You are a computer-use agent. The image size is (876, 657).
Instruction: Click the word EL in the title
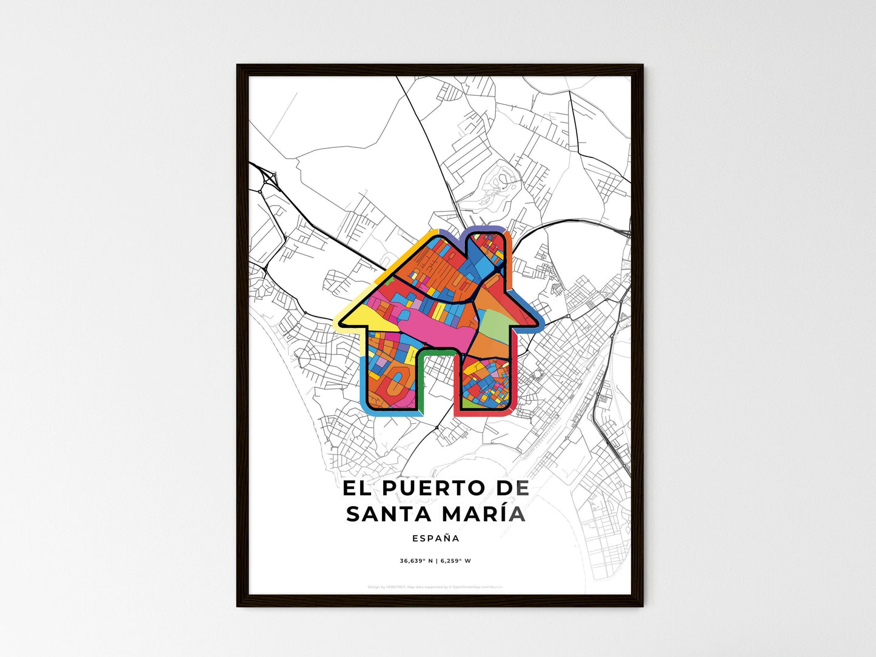point(356,489)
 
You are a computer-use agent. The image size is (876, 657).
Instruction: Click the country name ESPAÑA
point(435,538)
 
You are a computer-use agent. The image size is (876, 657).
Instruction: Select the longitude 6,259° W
point(455,561)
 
